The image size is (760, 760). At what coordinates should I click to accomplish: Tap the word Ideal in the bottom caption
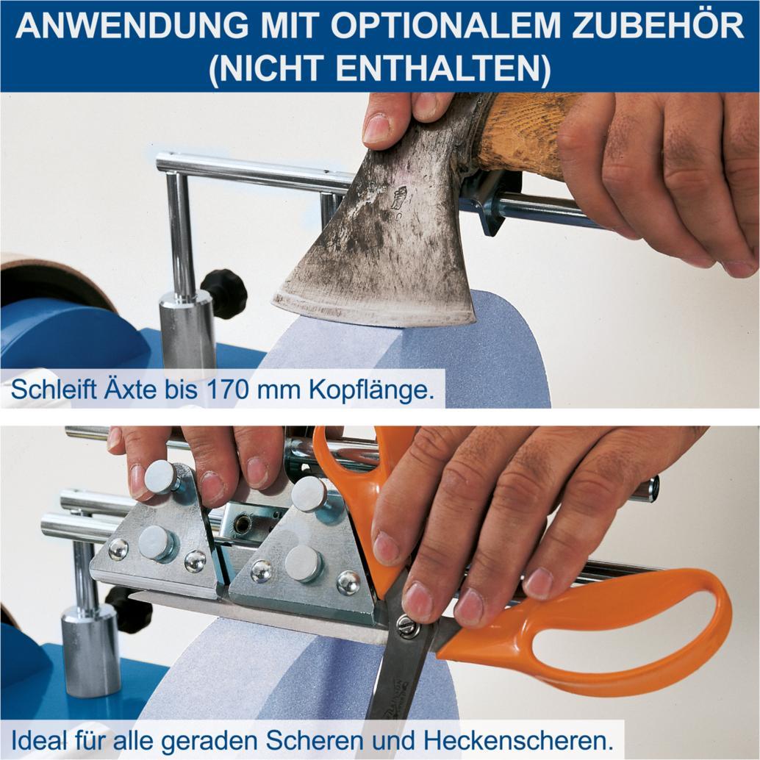point(35,737)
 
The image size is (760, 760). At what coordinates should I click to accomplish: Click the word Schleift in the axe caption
point(49,389)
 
